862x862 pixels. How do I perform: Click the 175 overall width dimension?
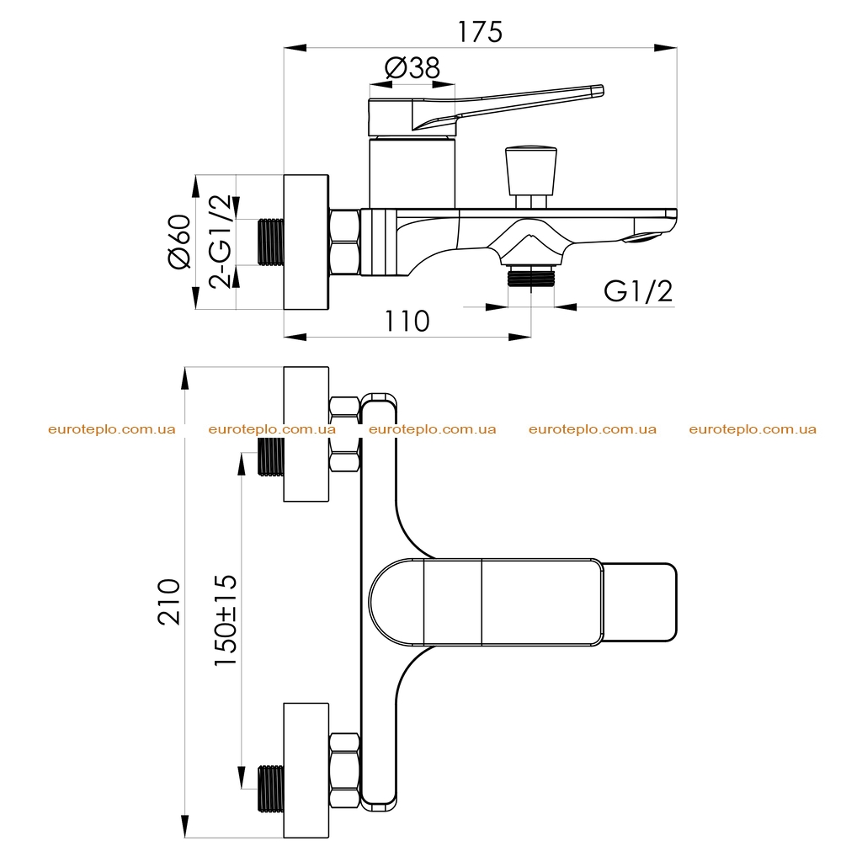click(x=480, y=32)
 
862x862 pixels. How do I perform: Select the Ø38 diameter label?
click(x=412, y=68)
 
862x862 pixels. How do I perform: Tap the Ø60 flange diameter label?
click(x=180, y=242)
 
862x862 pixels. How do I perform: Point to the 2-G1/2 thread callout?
click(x=221, y=242)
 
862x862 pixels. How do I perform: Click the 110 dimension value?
click(x=407, y=321)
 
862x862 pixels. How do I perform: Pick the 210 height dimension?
click(x=169, y=601)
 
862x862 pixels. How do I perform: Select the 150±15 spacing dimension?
click(x=226, y=620)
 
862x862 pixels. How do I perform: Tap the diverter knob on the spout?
click(x=530, y=177)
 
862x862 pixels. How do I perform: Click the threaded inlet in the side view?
click(x=270, y=242)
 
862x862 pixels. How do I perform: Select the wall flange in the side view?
click(x=306, y=242)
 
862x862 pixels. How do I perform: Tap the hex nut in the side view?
click(x=344, y=242)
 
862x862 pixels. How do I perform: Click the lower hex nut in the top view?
click(x=344, y=770)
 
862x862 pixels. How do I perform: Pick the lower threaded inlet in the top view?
click(x=270, y=788)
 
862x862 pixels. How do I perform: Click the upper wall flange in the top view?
click(x=306, y=434)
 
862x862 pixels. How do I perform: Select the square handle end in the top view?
click(x=641, y=602)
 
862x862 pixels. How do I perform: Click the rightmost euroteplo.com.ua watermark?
click(x=753, y=429)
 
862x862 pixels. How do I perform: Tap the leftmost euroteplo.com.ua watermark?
click(x=112, y=429)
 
